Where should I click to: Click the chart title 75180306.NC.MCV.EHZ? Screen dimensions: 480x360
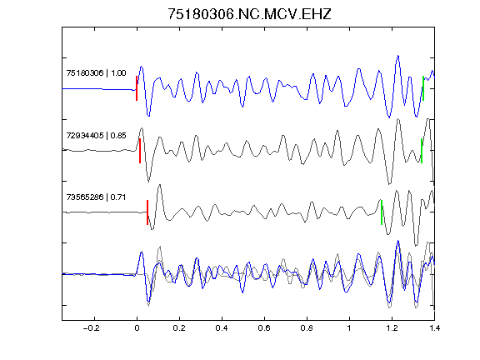click(249, 14)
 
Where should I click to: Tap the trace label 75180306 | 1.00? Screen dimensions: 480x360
click(96, 73)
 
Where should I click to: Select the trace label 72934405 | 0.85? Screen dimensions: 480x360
click(96, 135)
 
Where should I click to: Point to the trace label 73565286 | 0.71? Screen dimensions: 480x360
click(96, 197)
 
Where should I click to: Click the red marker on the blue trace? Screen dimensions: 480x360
click(137, 88)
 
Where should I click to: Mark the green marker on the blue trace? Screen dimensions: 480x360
click(423, 88)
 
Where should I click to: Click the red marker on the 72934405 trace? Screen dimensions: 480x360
click(140, 151)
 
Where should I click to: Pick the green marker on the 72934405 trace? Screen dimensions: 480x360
click(422, 151)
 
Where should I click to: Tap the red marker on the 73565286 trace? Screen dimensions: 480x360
click(147, 212)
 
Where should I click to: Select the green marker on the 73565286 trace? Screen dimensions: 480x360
click(382, 212)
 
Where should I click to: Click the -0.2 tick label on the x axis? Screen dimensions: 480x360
click(91, 328)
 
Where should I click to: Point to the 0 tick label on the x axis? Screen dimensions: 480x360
click(137, 328)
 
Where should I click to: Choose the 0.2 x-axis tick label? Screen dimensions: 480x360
click(179, 328)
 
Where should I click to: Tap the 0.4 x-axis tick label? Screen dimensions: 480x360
click(222, 328)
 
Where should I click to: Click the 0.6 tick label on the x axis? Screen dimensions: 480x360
click(264, 328)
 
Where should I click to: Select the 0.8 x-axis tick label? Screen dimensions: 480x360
click(307, 328)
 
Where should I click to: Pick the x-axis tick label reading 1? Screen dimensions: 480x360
click(349, 328)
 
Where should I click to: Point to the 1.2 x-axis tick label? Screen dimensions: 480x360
click(392, 328)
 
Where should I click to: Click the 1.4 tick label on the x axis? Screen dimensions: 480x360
click(434, 328)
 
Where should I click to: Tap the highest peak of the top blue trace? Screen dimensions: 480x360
click(398, 56)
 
